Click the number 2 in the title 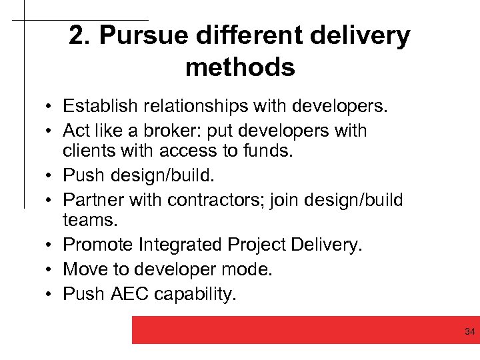pos(79,36)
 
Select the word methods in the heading pos(240,67)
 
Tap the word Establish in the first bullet pos(99,105)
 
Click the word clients pos(85,151)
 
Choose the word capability pos(198,295)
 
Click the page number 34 pos(469,331)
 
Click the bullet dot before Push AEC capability pos(50,295)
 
